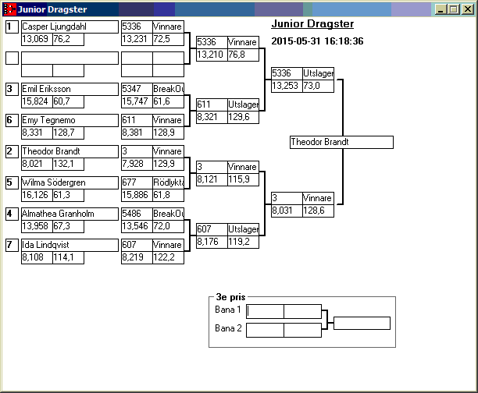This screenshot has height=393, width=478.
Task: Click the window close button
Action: pos(467,9)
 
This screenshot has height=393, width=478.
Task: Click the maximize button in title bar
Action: pos(455,9)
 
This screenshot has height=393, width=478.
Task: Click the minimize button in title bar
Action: pos(442,9)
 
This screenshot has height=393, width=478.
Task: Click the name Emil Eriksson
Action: pos(47,89)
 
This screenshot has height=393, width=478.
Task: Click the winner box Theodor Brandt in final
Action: pos(341,142)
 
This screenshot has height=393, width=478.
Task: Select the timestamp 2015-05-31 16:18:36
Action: pos(317,41)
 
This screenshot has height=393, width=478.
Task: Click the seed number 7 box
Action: pos(12,245)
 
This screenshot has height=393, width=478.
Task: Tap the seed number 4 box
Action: pos(12,214)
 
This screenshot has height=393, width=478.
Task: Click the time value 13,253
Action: pos(285,86)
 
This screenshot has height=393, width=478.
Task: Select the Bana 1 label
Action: pos(228,310)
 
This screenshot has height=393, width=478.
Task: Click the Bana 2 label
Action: pos(228,328)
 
